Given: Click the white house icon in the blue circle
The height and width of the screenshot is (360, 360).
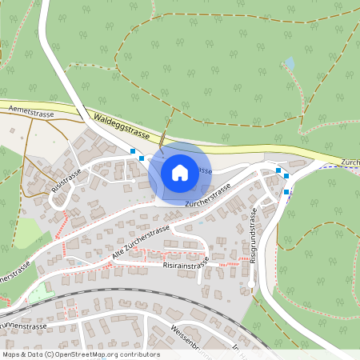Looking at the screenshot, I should (x=180, y=171).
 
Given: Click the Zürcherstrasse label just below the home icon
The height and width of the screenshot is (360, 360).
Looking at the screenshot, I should (x=207, y=197).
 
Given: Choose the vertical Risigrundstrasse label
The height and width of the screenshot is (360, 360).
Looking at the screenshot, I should (x=253, y=238).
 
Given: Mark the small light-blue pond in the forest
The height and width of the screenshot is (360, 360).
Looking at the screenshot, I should (x=290, y=62).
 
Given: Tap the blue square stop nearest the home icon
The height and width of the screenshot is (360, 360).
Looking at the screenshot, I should (x=142, y=158).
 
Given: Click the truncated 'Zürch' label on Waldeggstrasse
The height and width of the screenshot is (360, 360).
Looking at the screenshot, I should (x=350, y=162).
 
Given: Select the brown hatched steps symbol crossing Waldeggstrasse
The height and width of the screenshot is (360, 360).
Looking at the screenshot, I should (x=163, y=141).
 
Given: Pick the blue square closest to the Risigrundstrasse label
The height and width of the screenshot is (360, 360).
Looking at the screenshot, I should (x=286, y=192).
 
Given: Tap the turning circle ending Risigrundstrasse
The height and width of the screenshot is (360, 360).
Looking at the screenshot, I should (x=250, y=282).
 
